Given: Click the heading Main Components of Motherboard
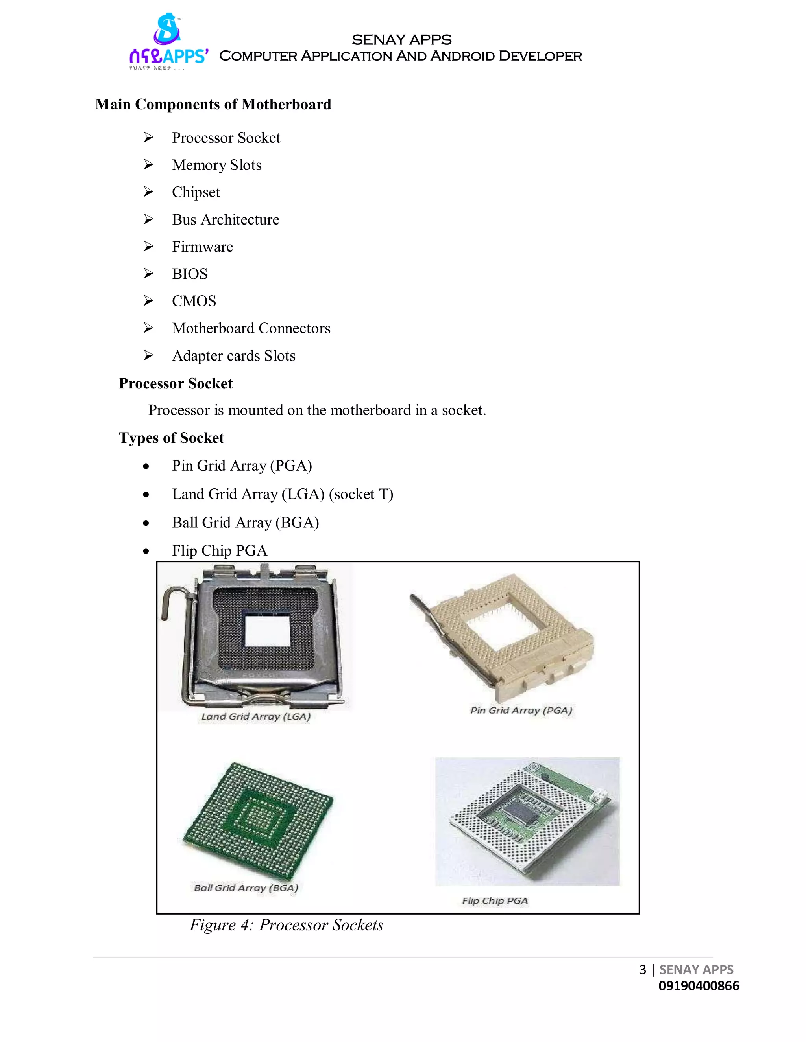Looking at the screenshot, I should [x=213, y=105].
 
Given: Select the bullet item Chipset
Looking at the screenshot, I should [x=196, y=192].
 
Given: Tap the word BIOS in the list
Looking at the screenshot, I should [x=190, y=274].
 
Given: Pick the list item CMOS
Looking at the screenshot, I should [x=194, y=301].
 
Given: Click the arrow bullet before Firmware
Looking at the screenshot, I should [x=148, y=247].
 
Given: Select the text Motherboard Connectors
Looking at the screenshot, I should [x=251, y=328].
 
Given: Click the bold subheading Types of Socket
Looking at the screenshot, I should [x=172, y=438].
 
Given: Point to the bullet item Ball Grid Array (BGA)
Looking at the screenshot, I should [x=246, y=523].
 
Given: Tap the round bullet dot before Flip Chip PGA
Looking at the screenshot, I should [x=146, y=552].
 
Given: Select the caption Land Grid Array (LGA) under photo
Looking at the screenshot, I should [x=256, y=716].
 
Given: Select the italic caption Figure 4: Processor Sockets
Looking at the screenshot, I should [x=287, y=925].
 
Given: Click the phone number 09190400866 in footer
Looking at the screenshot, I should [x=699, y=986].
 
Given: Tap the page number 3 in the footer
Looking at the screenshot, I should [x=643, y=970].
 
